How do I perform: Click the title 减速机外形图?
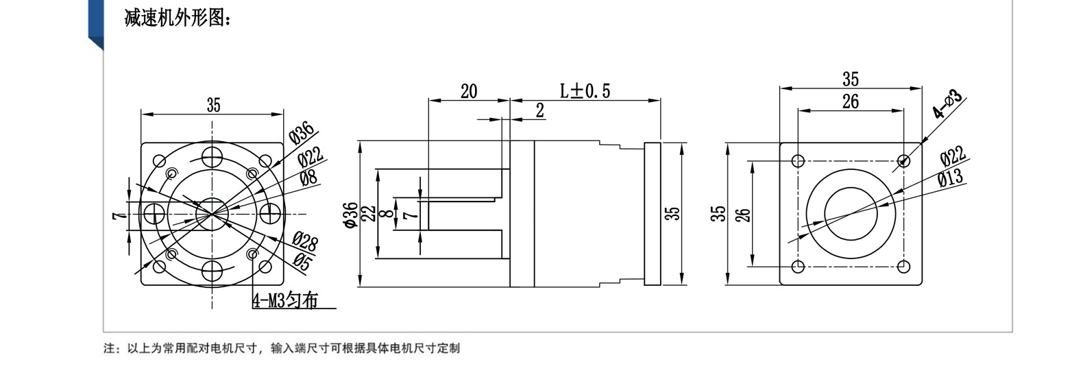[x=178, y=19]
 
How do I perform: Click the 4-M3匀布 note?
[x=286, y=301]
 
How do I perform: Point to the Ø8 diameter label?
[x=308, y=178]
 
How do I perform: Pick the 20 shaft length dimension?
[x=468, y=91]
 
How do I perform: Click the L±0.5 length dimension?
[x=585, y=91]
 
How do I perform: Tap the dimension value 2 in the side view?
[x=540, y=110]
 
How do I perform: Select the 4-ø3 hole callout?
[x=947, y=104]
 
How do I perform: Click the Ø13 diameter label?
[x=951, y=178]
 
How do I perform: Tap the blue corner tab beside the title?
[x=96, y=24]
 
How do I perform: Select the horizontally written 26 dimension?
[x=851, y=101]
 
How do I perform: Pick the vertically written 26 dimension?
[x=745, y=215]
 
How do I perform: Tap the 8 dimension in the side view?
[x=387, y=213]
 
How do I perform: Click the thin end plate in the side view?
[x=653, y=214]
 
